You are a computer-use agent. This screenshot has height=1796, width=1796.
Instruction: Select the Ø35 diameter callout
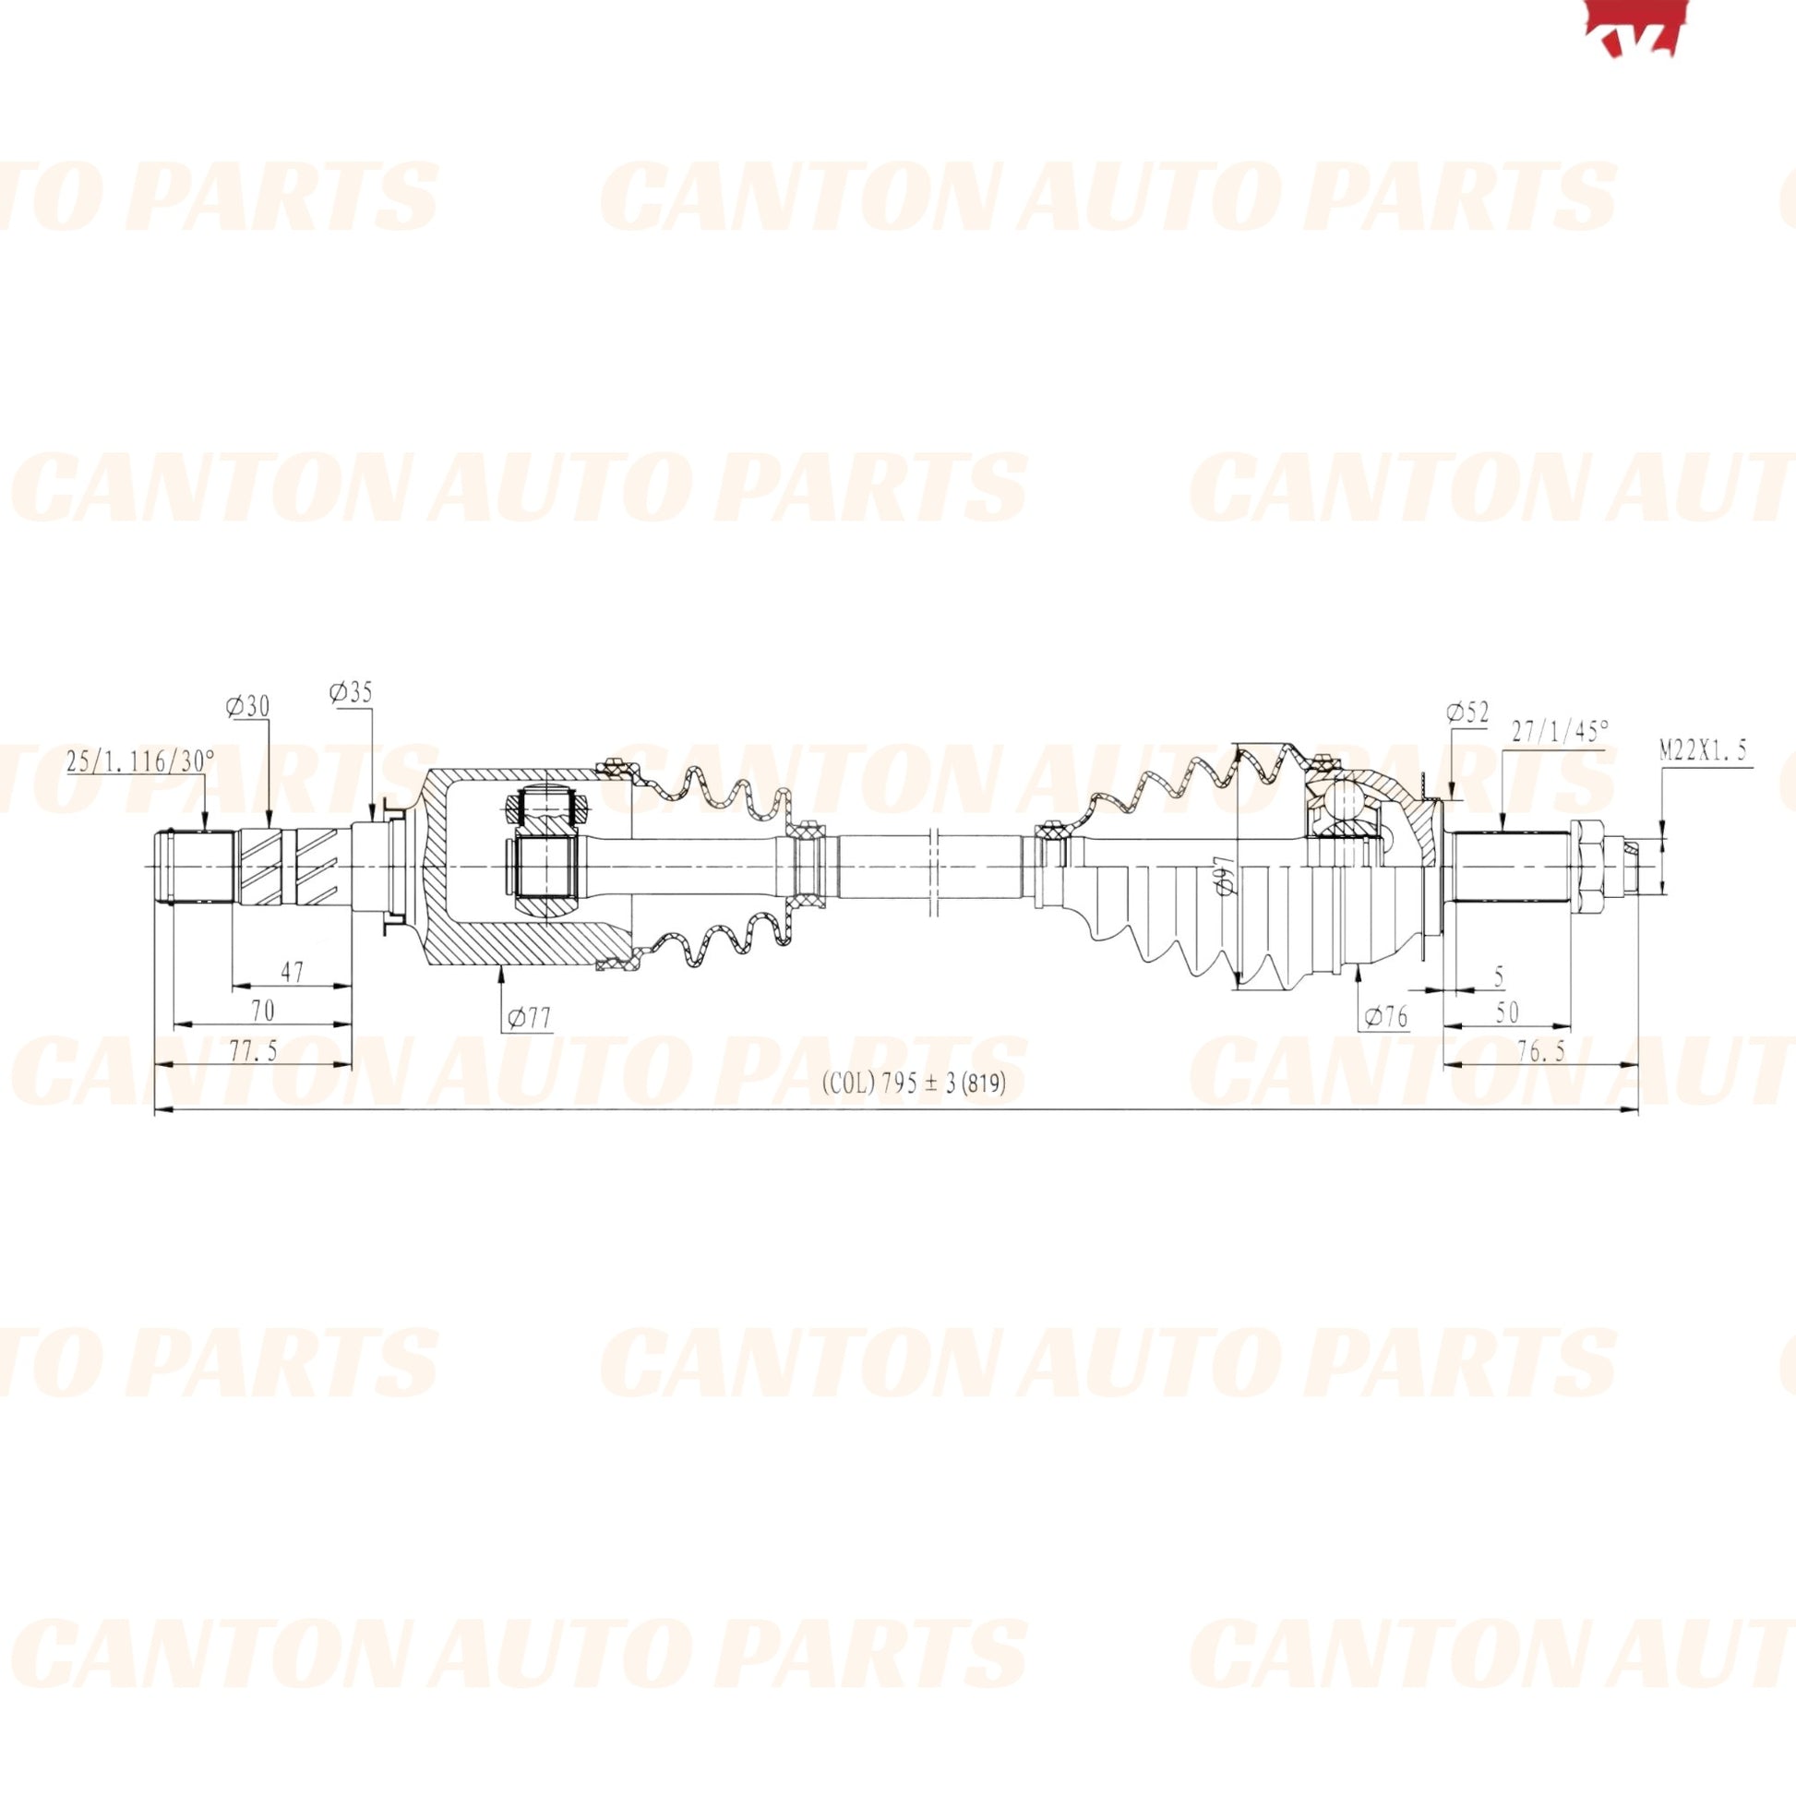point(351,691)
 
